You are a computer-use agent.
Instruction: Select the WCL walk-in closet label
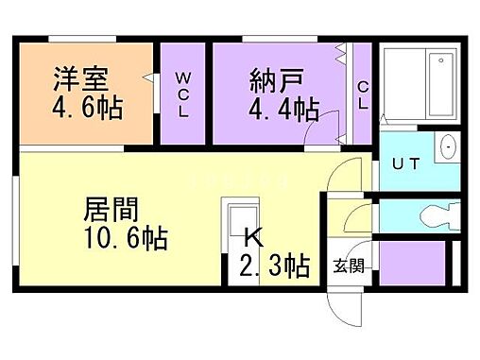pyautogui.click(x=183, y=92)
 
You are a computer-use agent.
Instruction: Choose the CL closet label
pyautogui.click(x=362, y=94)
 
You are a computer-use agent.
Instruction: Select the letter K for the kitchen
pyautogui.click(x=252, y=237)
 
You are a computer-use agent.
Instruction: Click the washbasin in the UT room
pyautogui.click(x=447, y=148)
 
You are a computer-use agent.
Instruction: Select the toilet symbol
pyautogui.click(x=433, y=214)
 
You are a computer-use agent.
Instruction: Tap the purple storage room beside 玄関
pyautogui.click(x=412, y=265)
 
